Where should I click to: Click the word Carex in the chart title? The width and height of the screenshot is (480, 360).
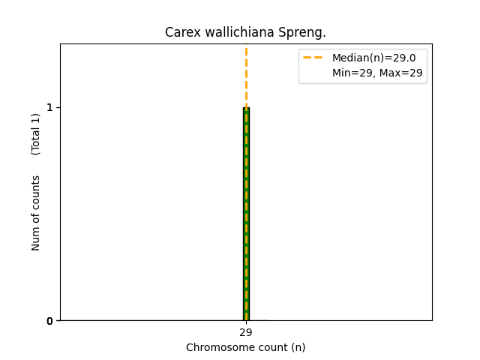(179, 32)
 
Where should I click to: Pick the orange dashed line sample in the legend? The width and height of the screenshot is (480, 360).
(313, 58)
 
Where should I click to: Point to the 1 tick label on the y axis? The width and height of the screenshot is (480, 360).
(49, 107)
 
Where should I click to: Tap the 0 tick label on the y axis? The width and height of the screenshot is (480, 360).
(49, 321)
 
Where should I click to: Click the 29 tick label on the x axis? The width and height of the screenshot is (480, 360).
(246, 332)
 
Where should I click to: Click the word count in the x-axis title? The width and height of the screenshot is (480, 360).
(269, 347)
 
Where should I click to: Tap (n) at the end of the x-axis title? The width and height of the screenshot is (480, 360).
(298, 347)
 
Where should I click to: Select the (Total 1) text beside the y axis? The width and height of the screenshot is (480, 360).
(36, 134)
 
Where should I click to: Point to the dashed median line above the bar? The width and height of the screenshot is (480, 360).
(246, 75)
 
